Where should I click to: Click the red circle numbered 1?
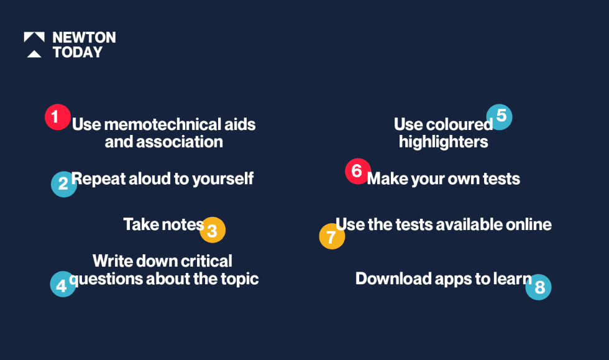pos(57,117)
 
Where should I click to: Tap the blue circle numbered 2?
pos(63,184)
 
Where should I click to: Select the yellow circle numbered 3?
pos(213,230)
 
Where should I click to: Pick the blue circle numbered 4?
pos(63,284)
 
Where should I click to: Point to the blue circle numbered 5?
pos(500,117)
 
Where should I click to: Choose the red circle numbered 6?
pos(358,171)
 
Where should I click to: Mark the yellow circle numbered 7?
pos(332,236)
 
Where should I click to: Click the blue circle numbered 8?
pos(538,287)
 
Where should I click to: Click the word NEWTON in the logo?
pos(85,38)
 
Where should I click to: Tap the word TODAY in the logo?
pos(78,52)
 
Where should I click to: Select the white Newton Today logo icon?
pos(34,45)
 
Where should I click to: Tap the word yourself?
pos(223,179)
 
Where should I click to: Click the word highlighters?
pos(444,142)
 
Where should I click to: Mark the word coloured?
pos(459,124)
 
